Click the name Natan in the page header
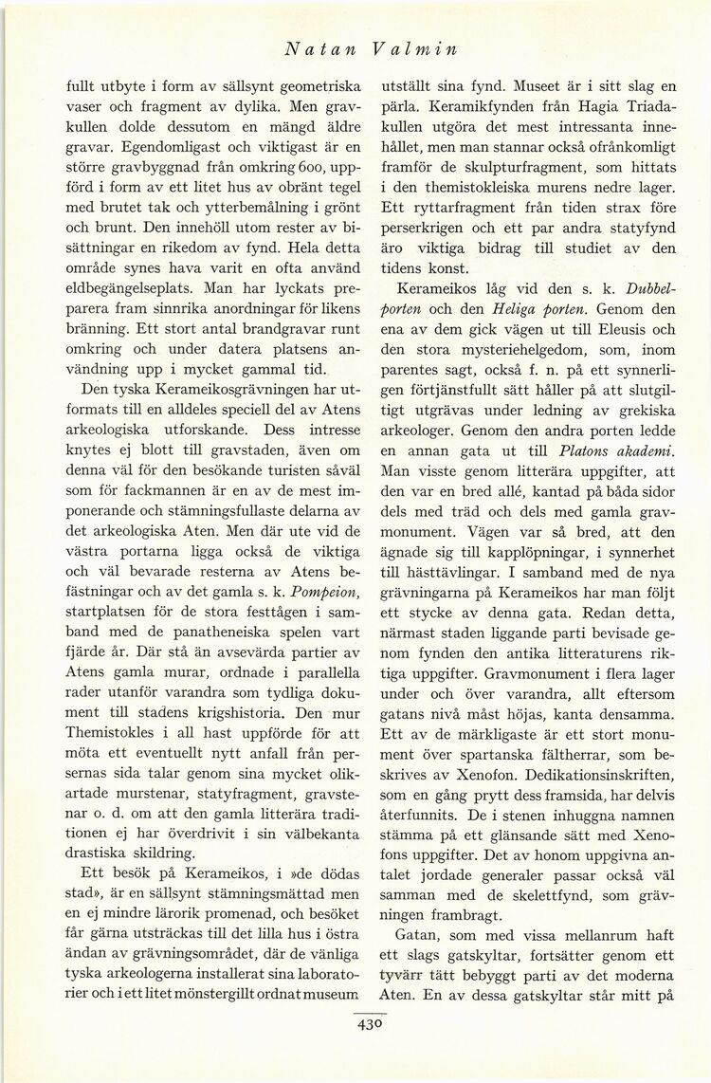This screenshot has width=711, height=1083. point(313,47)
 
